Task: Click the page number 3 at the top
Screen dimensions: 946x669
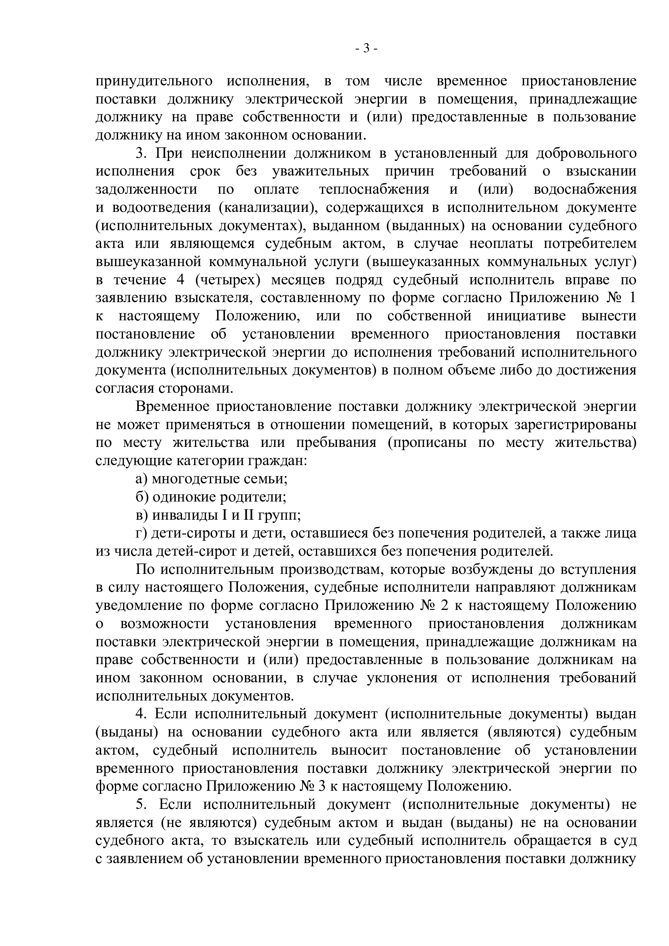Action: [x=366, y=49]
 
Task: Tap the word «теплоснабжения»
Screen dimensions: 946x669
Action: [x=374, y=190]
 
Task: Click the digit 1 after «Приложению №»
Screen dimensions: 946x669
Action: [x=632, y=298]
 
